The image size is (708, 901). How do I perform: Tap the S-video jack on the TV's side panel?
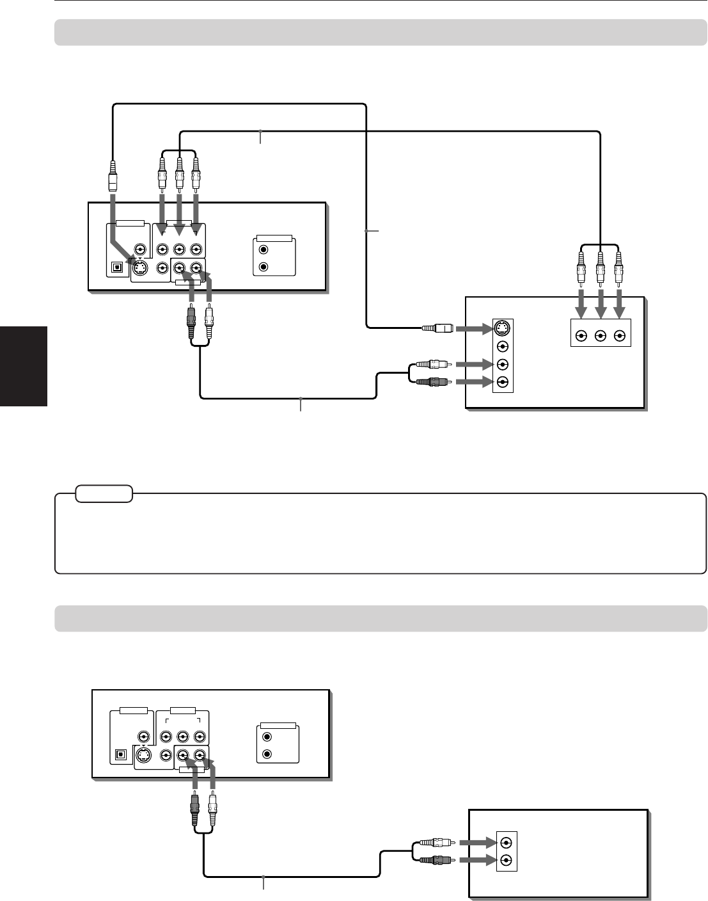[503, 329]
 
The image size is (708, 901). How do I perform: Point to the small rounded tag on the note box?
[104, 494]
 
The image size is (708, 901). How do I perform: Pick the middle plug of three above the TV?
[600, 269]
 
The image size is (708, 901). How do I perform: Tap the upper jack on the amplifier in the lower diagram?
[507, 842]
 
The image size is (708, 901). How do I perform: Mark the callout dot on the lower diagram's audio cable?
[264, 875]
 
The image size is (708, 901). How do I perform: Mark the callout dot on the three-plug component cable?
[260, 131]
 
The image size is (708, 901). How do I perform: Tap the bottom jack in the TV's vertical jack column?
[503, 382]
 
